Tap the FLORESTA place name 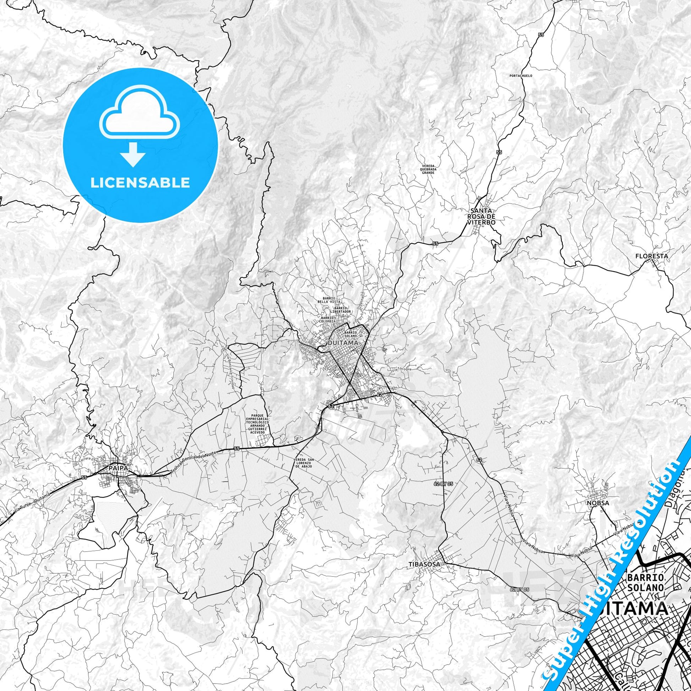pyautogui.click(x=651, y=256)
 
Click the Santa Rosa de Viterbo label pyautogui.click(x=481, y=216)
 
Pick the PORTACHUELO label pyautogui.click(x=521, y=76)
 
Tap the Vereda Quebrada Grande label pyautogui.click(x=428, y=169)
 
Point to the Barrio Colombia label pyautogui.click(x=328, y=319)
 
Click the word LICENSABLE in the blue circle pyautogui.click(x=140, y=183)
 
